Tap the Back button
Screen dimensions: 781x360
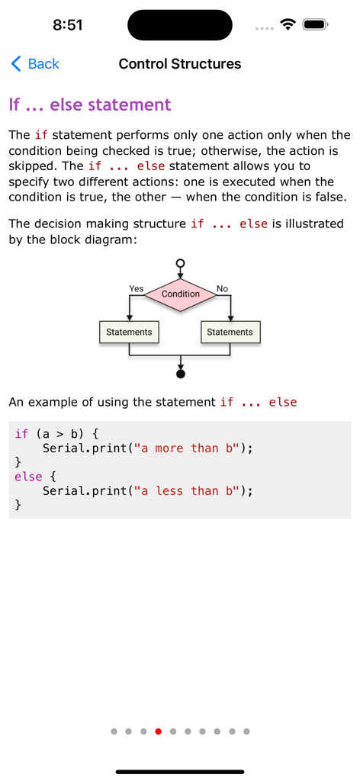[35, 64]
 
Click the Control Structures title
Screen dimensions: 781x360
[180, 64]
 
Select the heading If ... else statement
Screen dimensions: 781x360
[90, 104]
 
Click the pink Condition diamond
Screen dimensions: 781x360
[181, 294]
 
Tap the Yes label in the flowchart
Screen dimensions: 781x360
[137, 288]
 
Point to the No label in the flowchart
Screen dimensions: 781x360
[222, 288]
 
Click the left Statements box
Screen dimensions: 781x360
[129, 332]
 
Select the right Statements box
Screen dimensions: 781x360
[230, 332]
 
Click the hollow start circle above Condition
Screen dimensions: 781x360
[181, 263]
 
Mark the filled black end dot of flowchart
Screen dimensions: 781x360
[181, 374]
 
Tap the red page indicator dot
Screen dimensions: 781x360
[158, 731]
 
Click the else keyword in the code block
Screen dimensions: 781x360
[28, 477]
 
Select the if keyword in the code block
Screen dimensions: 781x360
[21, 434]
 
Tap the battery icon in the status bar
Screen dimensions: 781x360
[315, 24]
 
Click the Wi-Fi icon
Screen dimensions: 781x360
[288, 24]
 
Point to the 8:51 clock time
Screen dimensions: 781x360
[68, 25]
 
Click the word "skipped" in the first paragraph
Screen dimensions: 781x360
[30, 166]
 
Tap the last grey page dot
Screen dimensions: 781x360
[246, 731]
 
